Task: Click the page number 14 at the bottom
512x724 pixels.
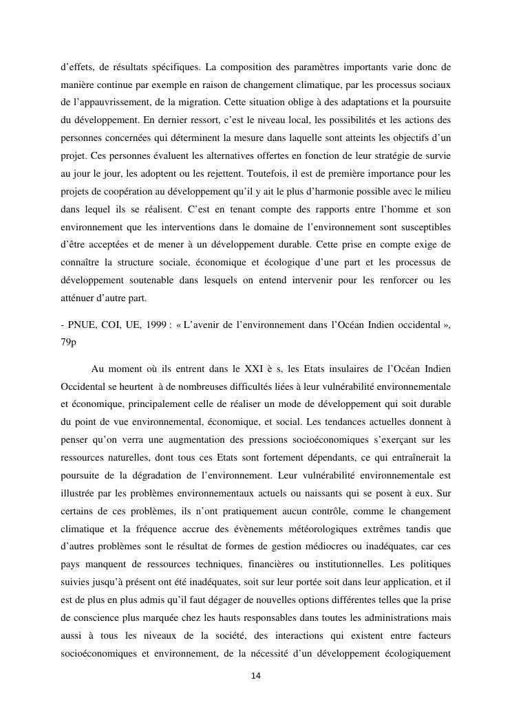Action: tap(255, 677)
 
